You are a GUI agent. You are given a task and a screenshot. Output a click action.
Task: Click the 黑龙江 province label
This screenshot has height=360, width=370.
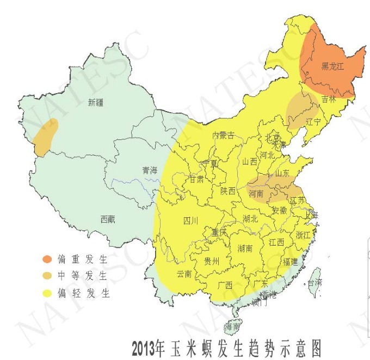coord(332,66)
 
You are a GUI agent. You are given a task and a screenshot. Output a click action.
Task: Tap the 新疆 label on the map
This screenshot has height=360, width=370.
coord(96,102)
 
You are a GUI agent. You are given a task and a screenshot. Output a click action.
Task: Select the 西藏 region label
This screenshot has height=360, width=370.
coord(108,219)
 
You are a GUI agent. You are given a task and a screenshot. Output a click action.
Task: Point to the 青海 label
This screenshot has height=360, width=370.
coord(149,170)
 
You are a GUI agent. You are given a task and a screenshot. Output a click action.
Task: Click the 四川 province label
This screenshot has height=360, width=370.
coord(190,221)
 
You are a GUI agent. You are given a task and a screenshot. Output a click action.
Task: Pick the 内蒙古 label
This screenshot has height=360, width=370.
coord(223,135)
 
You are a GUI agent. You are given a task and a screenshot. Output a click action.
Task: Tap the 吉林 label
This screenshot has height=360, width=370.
coord(329,99)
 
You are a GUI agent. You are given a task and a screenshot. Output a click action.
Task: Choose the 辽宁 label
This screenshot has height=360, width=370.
coord(313,121)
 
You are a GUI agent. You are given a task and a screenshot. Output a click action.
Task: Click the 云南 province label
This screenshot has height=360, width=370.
coord(184,274)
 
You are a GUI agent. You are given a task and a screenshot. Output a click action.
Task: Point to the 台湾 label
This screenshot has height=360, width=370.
coord(314,283)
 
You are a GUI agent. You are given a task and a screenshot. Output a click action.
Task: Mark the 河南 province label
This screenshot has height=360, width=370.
coord(256,193)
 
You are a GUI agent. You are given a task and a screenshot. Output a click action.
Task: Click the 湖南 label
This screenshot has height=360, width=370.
coord(245,248)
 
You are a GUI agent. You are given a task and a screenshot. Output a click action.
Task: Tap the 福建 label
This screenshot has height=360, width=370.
coord(290,262)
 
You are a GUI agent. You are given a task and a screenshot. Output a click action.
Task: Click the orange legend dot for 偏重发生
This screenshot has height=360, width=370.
coord(48,258)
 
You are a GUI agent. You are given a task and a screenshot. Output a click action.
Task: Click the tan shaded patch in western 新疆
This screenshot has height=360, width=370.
coord(46,136)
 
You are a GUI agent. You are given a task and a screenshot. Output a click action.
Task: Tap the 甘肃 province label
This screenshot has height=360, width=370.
coord(196,179)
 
